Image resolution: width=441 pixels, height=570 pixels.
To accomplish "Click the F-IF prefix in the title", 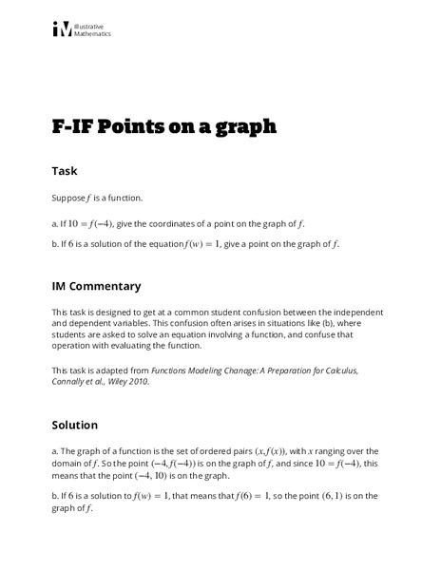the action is (73, 127).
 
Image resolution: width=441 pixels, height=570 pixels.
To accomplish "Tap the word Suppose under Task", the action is (67, 199).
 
